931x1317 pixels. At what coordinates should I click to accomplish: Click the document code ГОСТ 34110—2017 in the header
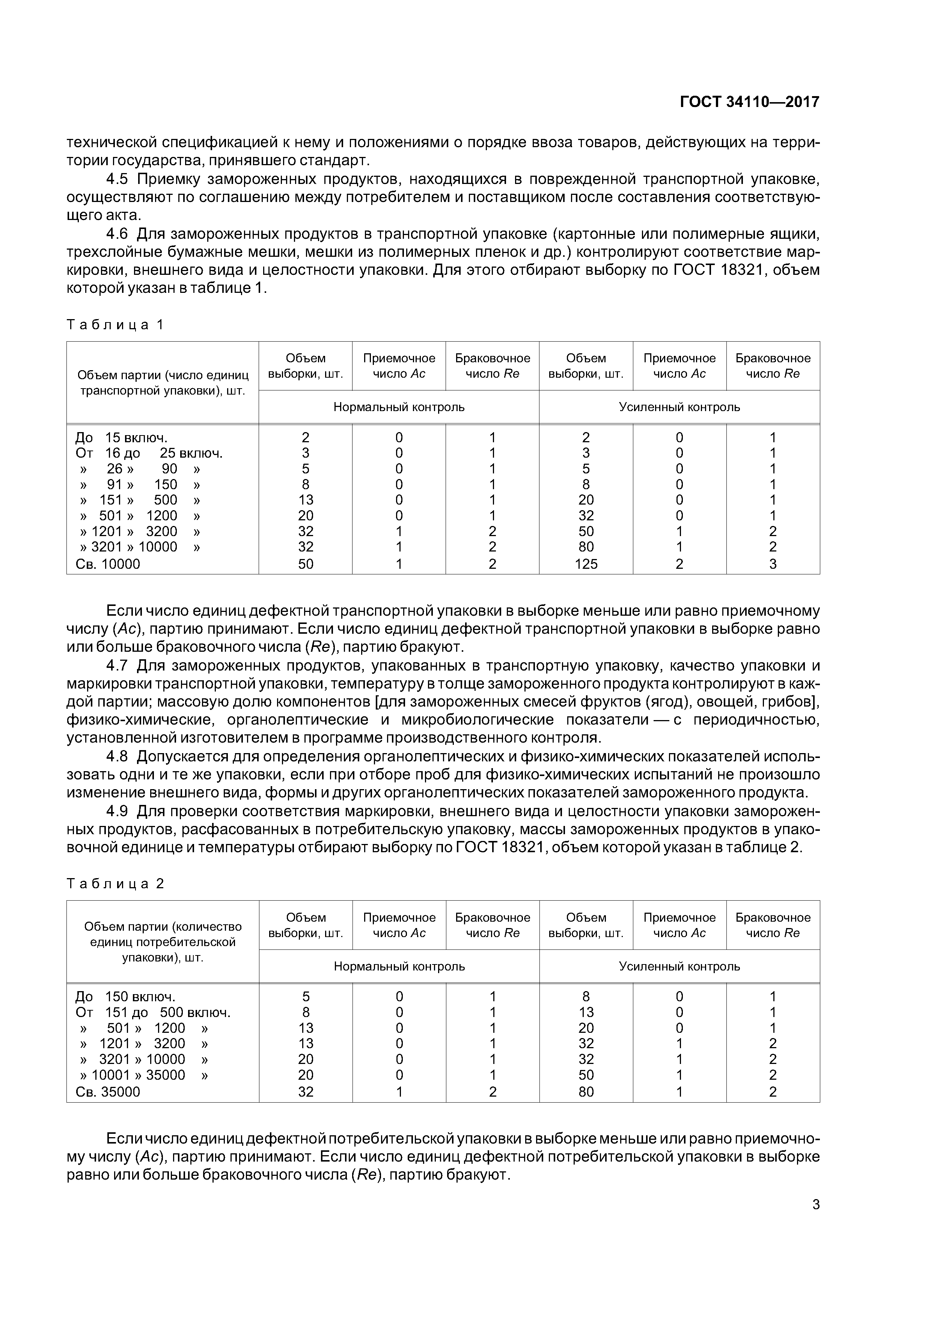(749, 102)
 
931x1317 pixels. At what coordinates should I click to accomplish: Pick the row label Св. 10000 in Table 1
(108, 564)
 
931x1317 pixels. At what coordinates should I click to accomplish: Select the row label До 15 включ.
(121, 438)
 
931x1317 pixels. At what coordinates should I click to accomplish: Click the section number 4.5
(117, 179)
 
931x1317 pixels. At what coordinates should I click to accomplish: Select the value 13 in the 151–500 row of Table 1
(306, 500)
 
